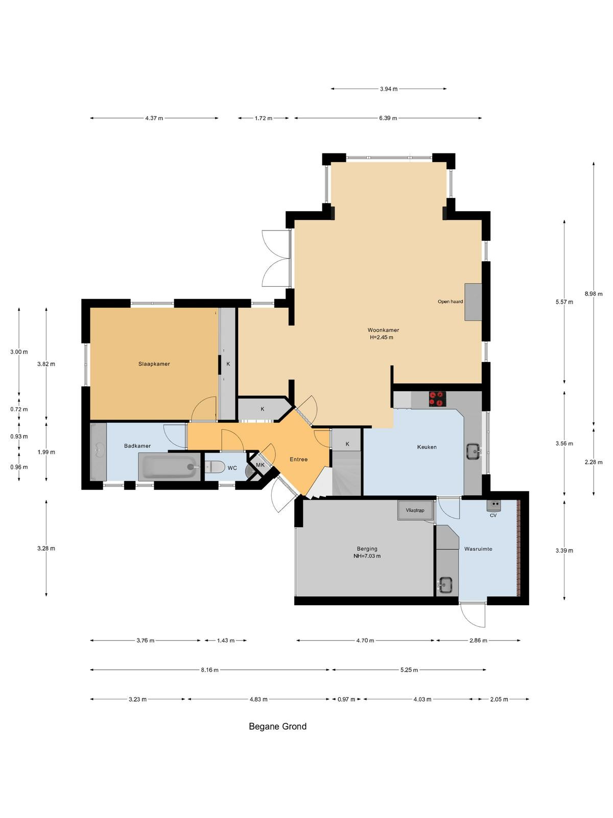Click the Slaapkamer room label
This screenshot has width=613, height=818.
[154, 363]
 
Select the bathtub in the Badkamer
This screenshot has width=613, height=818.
[169, 467]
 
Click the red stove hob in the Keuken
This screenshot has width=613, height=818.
[437, 398]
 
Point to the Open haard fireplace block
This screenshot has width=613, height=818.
[473, 302]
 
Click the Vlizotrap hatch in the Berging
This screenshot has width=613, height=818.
[415, 510]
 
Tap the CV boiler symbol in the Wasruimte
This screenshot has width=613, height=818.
[493, 505]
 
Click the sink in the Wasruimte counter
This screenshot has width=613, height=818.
[445, 584]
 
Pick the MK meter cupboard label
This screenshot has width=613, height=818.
[260, 465]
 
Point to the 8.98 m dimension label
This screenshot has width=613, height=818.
[593, 293]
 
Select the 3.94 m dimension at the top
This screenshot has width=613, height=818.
[389, 88]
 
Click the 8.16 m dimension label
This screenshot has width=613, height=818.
[210, 670]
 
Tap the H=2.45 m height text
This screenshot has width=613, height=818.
[382, 337]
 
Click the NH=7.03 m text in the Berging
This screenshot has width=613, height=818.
[367, 556]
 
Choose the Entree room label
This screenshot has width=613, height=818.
[298, 459]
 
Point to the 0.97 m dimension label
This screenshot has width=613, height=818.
[346, 699]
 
